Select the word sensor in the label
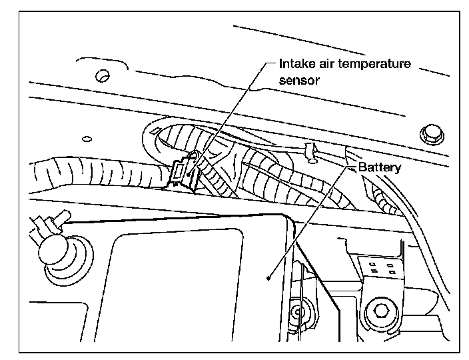tap(299, 81)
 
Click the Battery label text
tap(379, 167)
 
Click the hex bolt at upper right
tap(432, 135)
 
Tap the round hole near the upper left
tap(103, 76)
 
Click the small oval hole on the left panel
tap(87, 139)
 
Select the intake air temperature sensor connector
tap(183, 173)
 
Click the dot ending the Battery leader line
tap(268, 278)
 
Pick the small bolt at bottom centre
tap(298, 312)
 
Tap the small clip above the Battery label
tap(311, 152)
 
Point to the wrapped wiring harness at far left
tap(99, 173)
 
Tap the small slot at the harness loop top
tap(155, 131)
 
